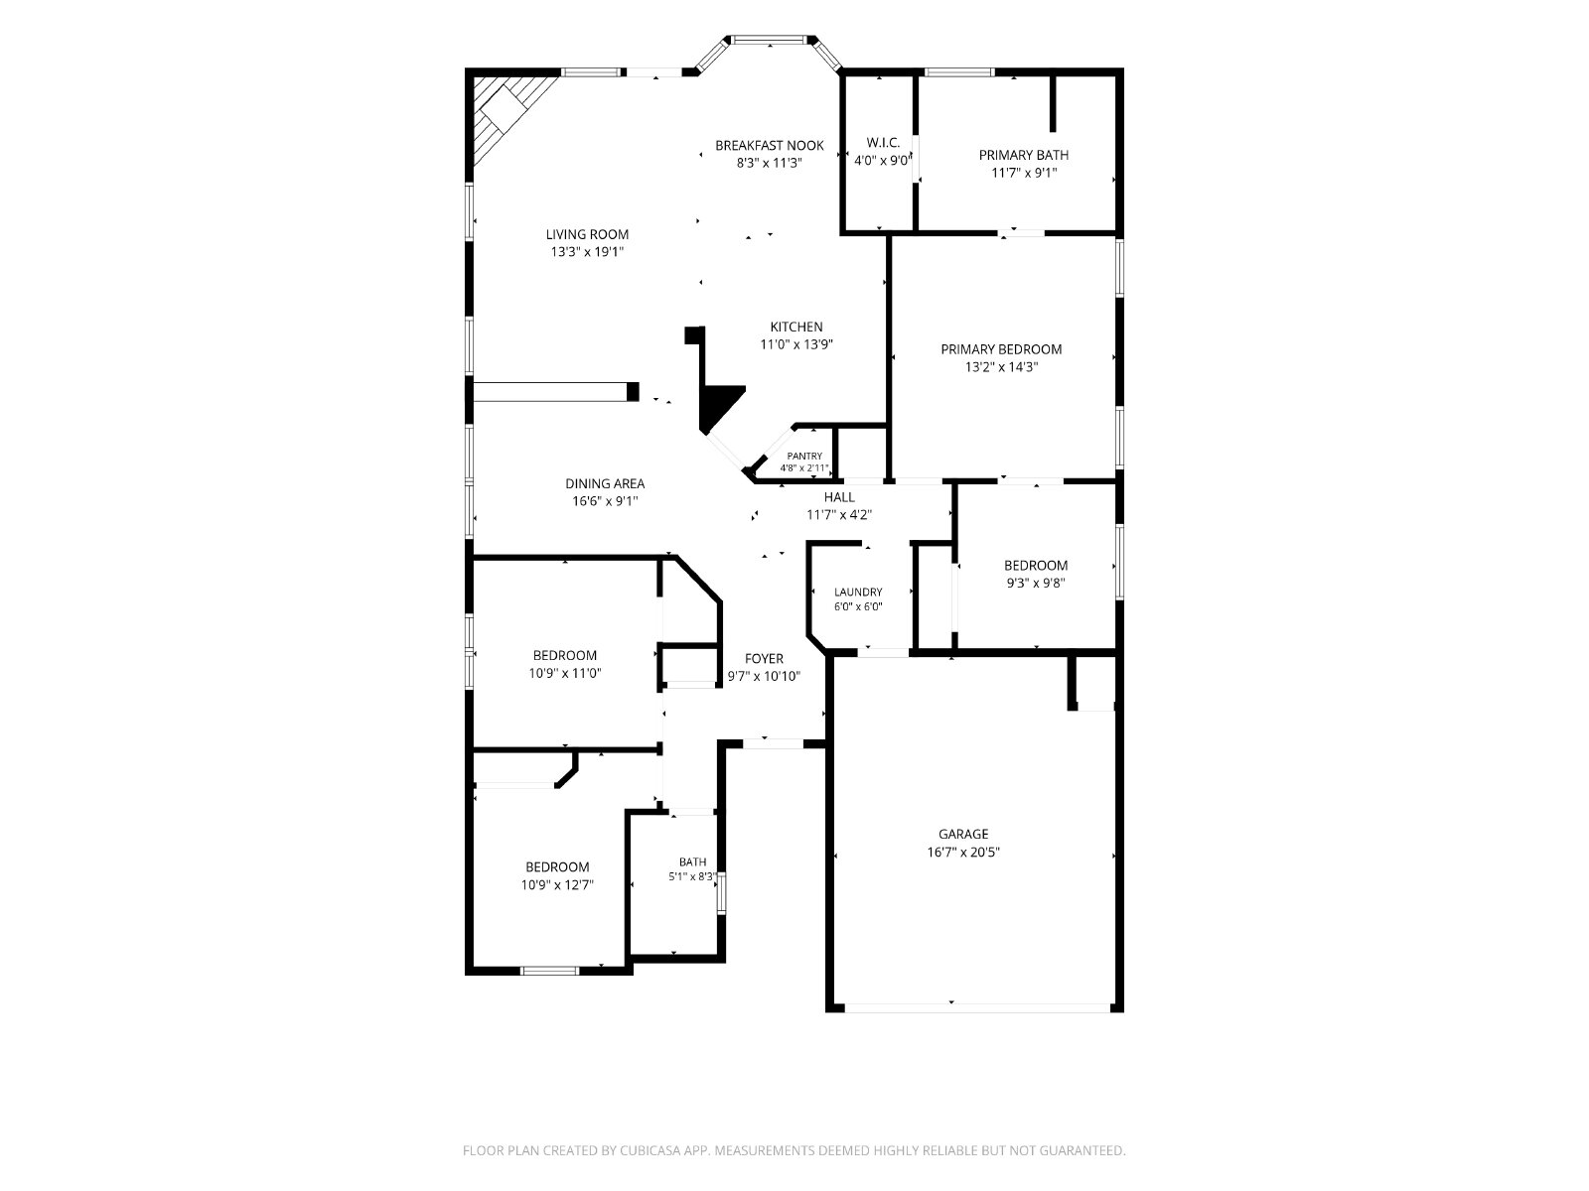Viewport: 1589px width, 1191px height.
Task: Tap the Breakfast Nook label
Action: [x=769, y=145]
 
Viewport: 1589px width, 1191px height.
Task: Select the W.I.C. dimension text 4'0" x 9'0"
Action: [x=882, y=161]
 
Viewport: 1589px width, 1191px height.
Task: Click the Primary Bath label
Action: [x=1023, y=155]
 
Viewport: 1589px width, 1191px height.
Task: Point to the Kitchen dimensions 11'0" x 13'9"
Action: [x=796, y=344]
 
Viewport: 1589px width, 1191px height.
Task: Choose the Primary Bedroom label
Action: [x=1001, y=349]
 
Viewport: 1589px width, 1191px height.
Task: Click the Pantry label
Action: [x=804, y=457]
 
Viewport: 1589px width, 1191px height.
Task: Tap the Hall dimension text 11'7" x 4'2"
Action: [x=839, y=515]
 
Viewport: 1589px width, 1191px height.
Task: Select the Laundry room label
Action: [x=858, y=593]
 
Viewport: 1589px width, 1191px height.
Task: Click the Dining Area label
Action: [x=605, y=483]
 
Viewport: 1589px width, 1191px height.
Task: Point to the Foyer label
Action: [x=764, y=659]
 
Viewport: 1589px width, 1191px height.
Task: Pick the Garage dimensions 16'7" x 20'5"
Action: [x=962, y=852]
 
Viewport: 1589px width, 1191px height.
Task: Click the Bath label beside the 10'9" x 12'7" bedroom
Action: [x=692, y=861]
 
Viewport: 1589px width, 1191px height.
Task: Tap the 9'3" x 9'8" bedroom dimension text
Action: [x=1035, y=583]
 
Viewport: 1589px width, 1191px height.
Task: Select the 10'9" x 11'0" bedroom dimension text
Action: [x=565, y=673]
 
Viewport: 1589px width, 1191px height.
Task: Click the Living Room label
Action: [x=587, y=234]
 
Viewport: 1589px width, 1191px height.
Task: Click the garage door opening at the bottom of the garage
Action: [x=977, y=1007]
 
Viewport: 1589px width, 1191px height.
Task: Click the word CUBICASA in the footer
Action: [x=650, y=1149]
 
